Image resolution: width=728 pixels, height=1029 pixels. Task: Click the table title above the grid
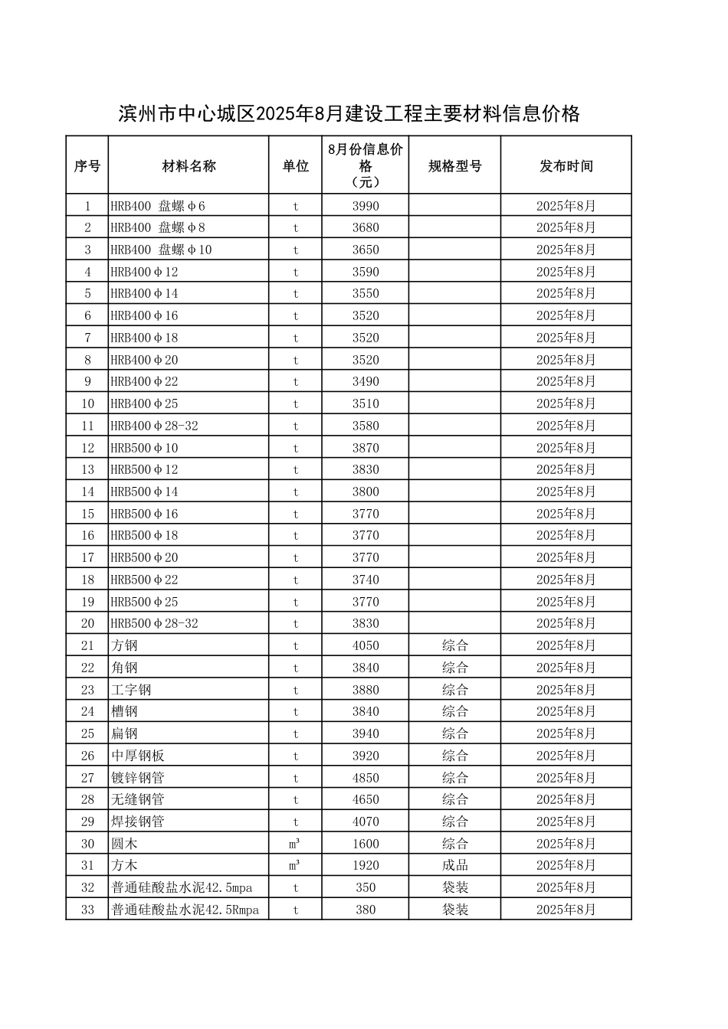point(349,115)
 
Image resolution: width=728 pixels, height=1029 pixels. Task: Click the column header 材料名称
point(189,166)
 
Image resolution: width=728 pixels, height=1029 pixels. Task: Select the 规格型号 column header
point(454,166)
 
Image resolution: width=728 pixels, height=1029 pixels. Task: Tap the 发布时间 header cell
point(566,166)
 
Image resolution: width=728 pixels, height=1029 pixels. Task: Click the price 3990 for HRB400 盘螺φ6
point(366,206)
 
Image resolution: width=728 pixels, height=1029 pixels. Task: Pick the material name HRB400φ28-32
point(155,426)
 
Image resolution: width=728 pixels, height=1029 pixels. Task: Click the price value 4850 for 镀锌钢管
point(366,778)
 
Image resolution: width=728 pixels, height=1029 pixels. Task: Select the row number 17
point(87,557)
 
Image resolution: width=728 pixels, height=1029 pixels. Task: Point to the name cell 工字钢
point(132,690)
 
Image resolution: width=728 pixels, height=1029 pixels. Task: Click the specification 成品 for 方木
point(454,865)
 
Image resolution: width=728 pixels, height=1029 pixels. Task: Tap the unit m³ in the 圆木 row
point(295,844)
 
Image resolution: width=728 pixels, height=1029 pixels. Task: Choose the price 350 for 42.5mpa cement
point(366,887)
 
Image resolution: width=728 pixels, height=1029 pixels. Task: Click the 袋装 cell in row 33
point(454,910)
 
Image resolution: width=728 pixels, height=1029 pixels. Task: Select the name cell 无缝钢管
point(138,799)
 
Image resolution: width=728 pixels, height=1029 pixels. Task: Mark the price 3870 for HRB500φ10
point(366,448)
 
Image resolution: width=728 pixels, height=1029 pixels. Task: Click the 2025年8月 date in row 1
point(566,206)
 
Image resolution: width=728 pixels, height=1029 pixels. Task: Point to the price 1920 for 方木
point(366,865)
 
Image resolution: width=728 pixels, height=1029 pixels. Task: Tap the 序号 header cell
point(87,166)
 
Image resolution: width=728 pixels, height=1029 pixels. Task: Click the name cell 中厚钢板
point(138,756)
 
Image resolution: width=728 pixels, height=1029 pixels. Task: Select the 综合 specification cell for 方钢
point(454,645)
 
